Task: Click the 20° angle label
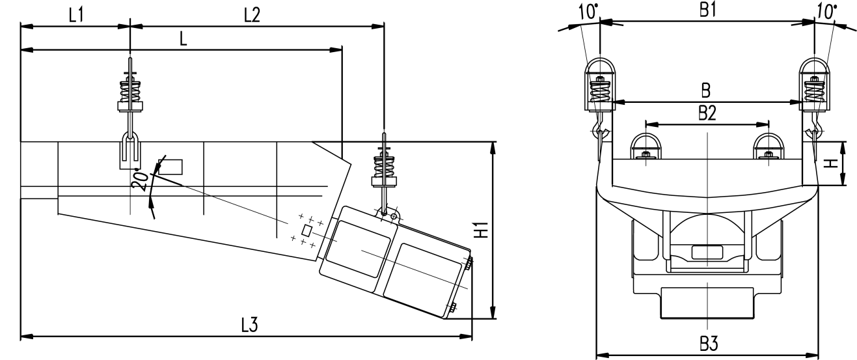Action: coord(139,181)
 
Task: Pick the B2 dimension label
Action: coord(707,113)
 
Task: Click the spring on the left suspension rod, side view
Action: coord(131,87)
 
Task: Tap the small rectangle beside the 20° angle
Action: coord(170,167)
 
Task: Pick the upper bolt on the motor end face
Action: coord(468,262)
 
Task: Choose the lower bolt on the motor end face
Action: coord(452,308)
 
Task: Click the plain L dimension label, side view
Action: coord(184,40)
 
